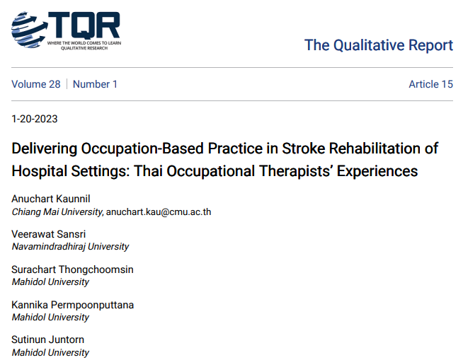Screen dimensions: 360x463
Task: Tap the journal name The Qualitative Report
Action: click(378, 45)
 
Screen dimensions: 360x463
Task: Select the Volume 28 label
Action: click(36, 84)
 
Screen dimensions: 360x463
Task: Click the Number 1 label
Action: click(96, 84)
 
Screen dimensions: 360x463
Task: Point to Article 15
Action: click(430, 84)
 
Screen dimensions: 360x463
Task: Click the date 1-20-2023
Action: click(35, 119)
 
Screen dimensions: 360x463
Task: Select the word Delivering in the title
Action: click(45, 149)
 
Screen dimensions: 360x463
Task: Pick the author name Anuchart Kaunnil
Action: click(51, 199)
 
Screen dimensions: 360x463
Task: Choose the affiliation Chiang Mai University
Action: click(57, 211)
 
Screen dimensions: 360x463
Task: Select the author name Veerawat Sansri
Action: click(48, 234)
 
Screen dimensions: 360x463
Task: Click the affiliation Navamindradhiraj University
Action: click(70, 247)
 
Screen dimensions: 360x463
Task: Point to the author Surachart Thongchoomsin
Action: click(72, 269)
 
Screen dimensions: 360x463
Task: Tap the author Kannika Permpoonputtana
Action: click(72, 305)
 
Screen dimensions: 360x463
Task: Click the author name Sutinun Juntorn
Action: click(47, 340)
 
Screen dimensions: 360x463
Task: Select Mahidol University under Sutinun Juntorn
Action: click(50, 353)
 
